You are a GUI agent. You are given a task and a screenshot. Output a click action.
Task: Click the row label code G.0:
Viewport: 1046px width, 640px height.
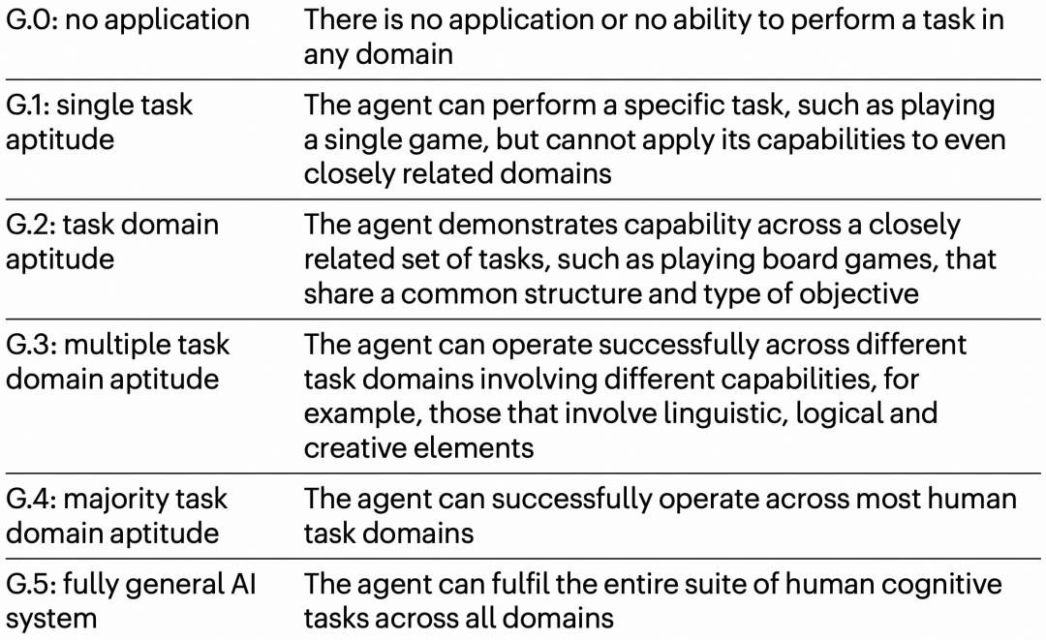pyautogui.click(x=31, y=20)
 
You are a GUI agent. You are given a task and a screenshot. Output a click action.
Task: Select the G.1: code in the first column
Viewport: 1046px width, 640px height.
pyautogui.click(x=30, y=106)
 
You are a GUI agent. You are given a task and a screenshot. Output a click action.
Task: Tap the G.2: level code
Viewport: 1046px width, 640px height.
pyautogui.click(x=31, y=225)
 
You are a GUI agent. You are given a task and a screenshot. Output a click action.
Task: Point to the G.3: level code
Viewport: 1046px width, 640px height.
pyautogui.click(x=31, y=345)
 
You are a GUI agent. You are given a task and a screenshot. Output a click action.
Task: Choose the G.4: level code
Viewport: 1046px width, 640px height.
pyautogui.click(x=31, y=499)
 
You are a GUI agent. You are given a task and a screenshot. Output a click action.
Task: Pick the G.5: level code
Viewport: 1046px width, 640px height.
pyautogui.click(x=31, y=584)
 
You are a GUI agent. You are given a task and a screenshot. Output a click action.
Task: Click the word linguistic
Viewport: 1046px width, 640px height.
pyautogui.click(x=725, y=414)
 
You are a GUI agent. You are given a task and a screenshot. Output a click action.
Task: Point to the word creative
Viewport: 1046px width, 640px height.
pyautogui.click(x=359, y=448)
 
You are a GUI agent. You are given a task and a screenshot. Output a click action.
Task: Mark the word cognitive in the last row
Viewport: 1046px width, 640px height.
pyautogui.click(x=941, y=585)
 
